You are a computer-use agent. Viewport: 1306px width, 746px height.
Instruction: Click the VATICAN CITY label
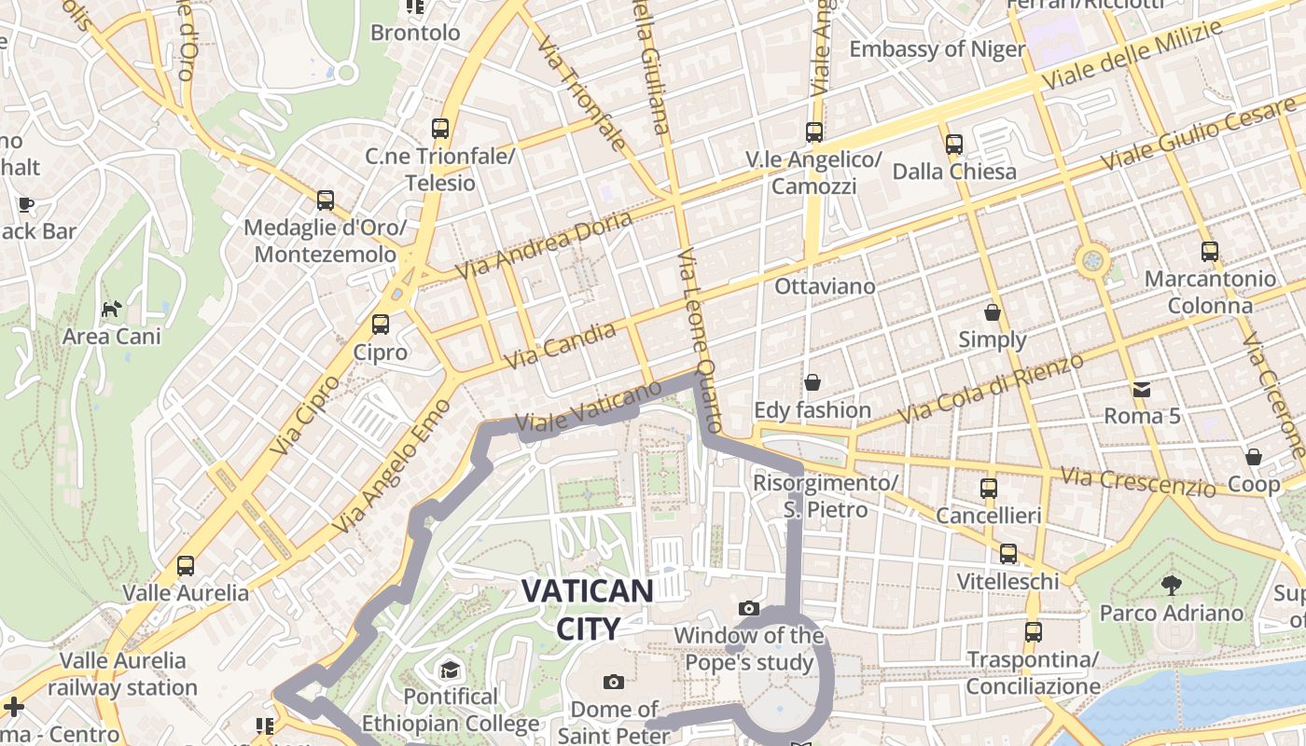(x=588, y=609)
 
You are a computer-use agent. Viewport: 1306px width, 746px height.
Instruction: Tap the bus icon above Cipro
(x=381, y=325)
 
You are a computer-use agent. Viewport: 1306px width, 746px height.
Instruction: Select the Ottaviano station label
(x=826, y=286)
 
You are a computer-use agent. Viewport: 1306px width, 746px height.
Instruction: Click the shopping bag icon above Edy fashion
(x=813, y=382)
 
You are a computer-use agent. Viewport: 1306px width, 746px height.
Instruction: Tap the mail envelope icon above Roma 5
(x=1142, y=389)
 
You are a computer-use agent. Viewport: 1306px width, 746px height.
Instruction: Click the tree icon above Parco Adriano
(x=1171, y=586)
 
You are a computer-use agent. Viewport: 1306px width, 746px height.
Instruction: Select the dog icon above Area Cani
(x=112, y=309)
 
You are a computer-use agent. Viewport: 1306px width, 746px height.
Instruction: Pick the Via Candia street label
(x=560, y=345)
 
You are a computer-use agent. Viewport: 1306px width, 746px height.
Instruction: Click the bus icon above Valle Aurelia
(x=186, y=565)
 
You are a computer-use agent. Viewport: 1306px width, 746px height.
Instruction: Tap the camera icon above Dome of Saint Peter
(x=613, y=682)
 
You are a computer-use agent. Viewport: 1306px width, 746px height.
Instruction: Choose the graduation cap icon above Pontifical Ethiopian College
(x=451, y=670)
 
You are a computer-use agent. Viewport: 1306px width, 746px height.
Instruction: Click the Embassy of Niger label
(x=937, y=49)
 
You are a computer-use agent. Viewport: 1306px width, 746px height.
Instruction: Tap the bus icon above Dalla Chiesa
(x=953, y=145)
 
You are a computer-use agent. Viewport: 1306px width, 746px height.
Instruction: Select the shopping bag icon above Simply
(x=993, y=312)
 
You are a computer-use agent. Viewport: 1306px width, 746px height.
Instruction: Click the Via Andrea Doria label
(x=544, y=244)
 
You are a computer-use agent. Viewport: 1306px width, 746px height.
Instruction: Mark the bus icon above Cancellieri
(x=989, y=488)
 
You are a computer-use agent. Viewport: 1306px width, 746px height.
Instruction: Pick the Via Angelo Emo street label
(x=391, y=467)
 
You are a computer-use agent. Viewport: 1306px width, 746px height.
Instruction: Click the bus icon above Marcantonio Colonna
(x=1210, y=251)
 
